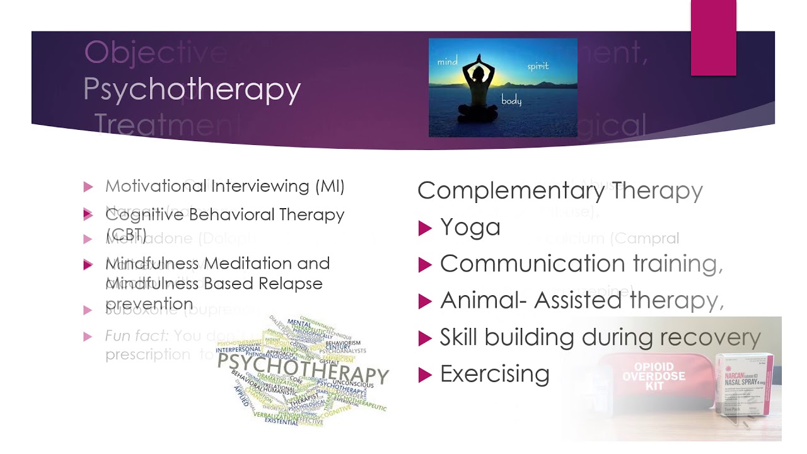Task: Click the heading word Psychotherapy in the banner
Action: click(x=192, y=90)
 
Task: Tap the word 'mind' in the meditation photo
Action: click(x=447, y=62)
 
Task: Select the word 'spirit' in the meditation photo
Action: click(x=538, y=66)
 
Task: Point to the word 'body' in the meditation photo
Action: click(x=511, y=100)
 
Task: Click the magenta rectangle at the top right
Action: click(x=713, y=38)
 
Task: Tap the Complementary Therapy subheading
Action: click(x=560, y=190)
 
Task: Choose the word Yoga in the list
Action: click(x=470, y=227)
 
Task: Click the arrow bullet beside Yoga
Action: click(x=425, y=228)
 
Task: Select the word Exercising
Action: click(x=494, y=374)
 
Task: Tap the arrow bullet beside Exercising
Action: click(x=425, y=375)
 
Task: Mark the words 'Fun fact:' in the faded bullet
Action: click(x=136, y=336)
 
